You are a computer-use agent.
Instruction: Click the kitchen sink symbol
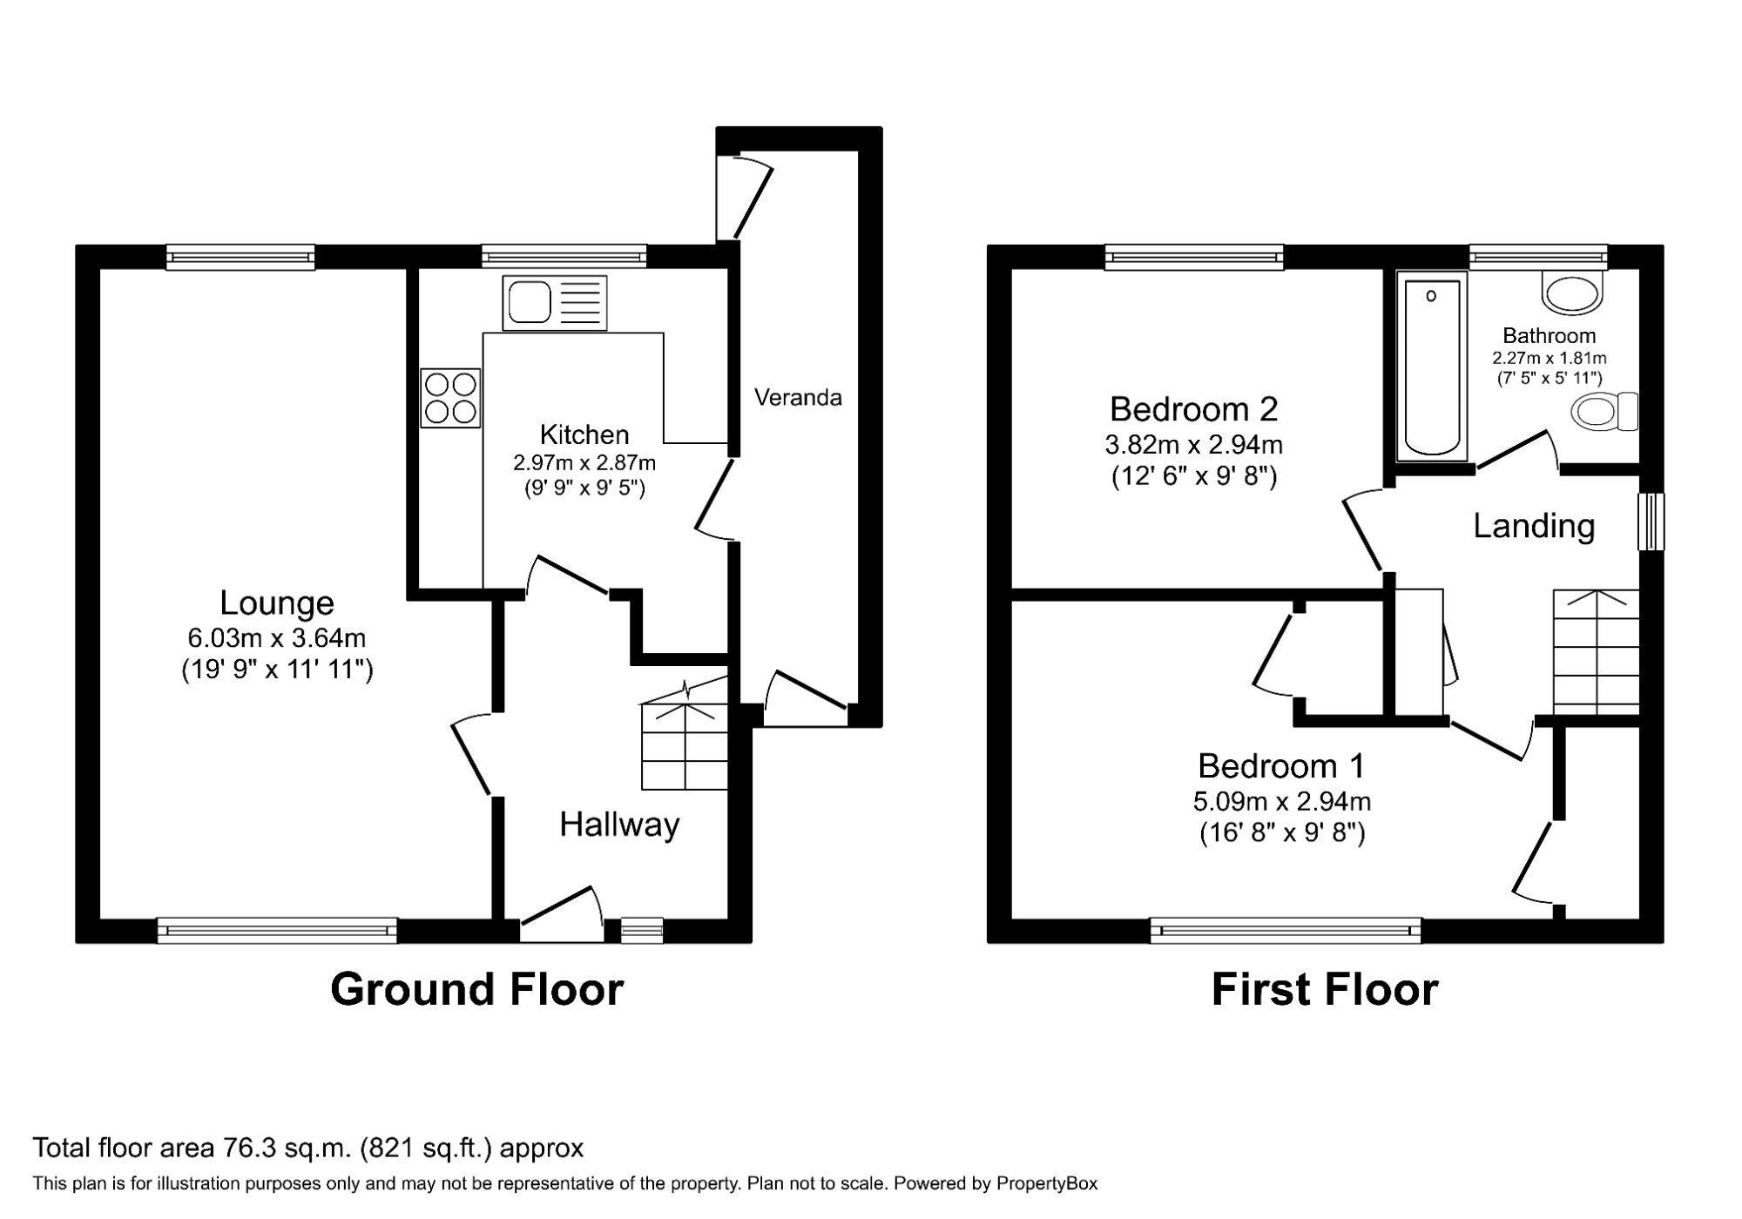[554, 303]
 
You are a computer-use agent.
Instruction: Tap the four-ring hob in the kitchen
[450, 398]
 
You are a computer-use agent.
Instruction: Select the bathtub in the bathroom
[1432, 366]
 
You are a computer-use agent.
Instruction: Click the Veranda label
[798, 398]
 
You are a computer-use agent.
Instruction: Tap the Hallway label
[619, 825]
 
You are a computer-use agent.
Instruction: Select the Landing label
[1534, 526]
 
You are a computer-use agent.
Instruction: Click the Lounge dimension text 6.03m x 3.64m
[277, 638]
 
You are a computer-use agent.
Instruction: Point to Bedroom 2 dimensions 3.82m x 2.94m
[1193, 445]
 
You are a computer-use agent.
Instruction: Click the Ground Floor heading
[476, 990]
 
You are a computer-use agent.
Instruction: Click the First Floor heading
[1324, 990]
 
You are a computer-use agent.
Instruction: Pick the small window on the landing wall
[1651, 522]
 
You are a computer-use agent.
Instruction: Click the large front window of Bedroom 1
[1286, 931]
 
